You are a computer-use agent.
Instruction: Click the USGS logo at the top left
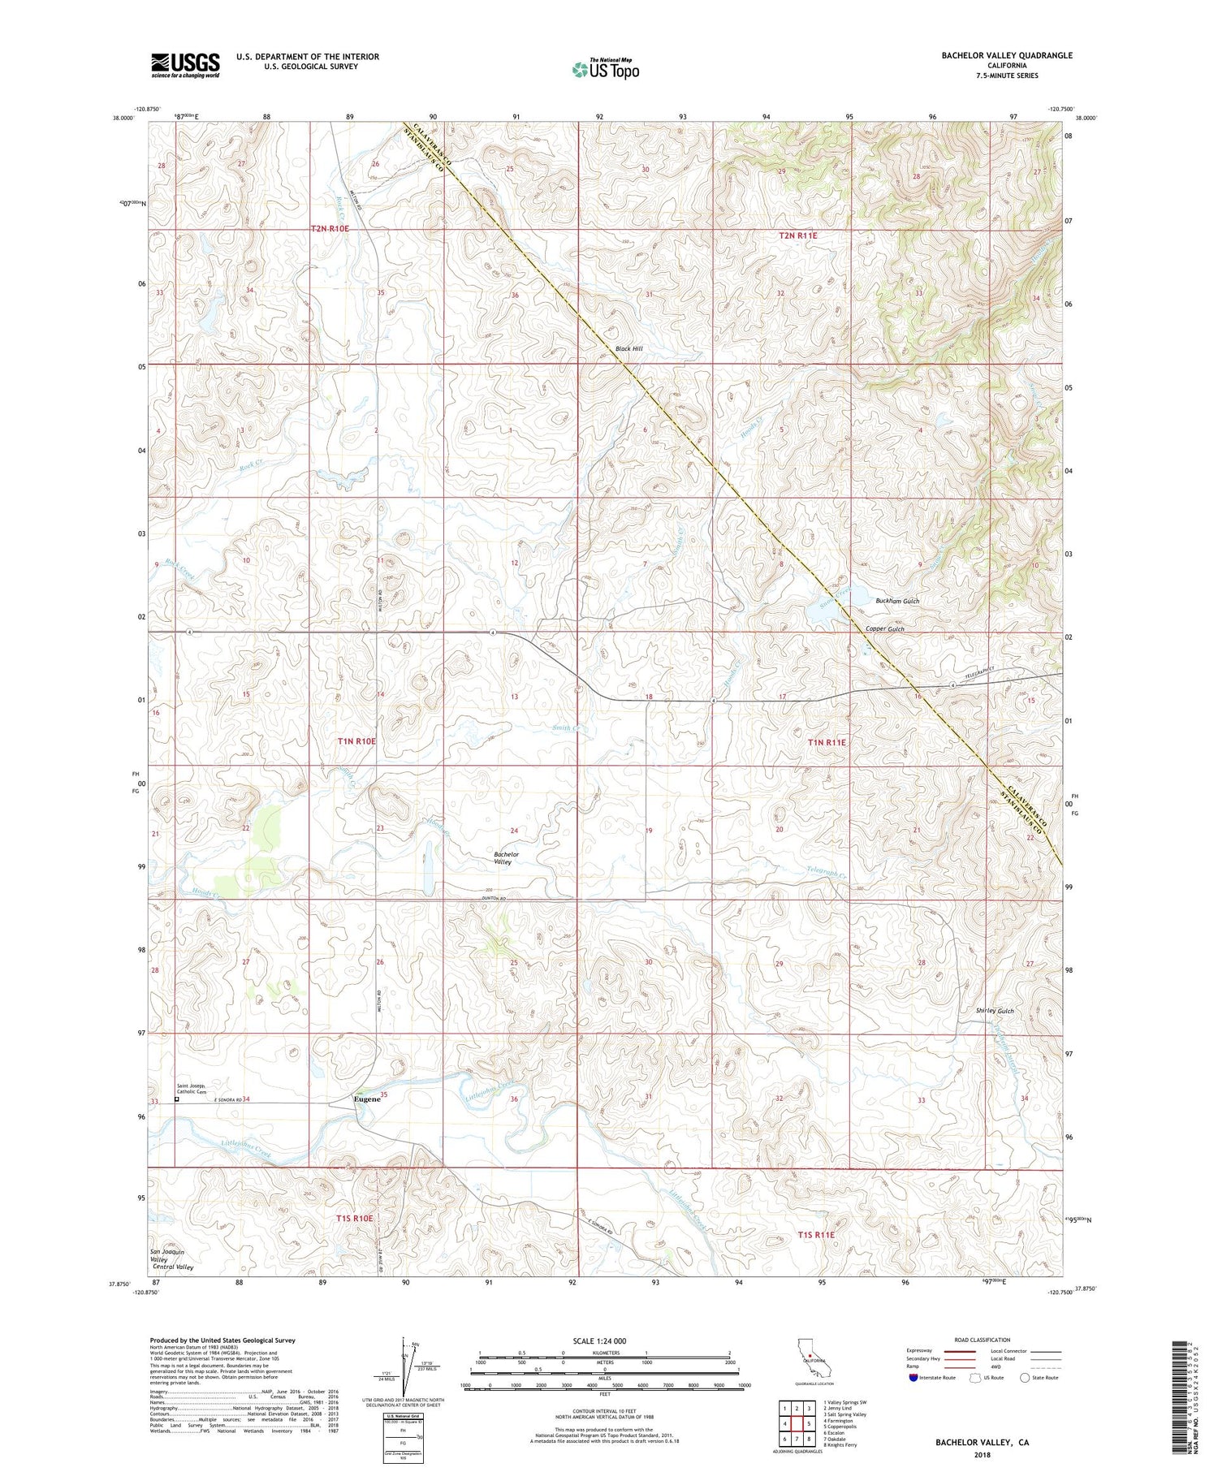pos(185,65)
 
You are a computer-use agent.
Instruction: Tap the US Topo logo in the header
pos(605,70)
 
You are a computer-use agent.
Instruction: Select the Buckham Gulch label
pos(897,601)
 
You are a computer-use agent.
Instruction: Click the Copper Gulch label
pos(884,629)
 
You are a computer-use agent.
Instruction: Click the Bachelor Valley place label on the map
pos(506,858)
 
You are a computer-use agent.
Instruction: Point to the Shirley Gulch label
pos(995,1011)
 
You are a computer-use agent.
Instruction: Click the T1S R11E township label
pos(815,1234)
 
